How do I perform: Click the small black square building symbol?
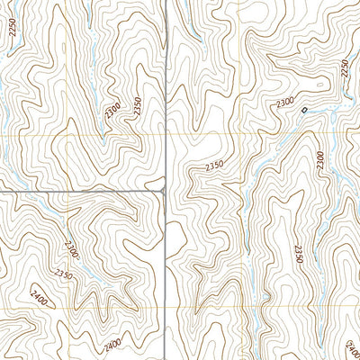click(304, 111)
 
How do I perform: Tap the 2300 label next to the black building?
click(285, 104)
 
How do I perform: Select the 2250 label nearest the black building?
click(344, 70)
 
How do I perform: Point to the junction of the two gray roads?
click(165, 191)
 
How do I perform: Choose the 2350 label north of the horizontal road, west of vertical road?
click(137, 105)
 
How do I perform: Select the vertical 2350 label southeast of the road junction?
click(299, 254)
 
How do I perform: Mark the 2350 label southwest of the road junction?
click(63, 274)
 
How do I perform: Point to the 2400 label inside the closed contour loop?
click(37, 296)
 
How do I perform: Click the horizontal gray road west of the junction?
click(81, 192)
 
